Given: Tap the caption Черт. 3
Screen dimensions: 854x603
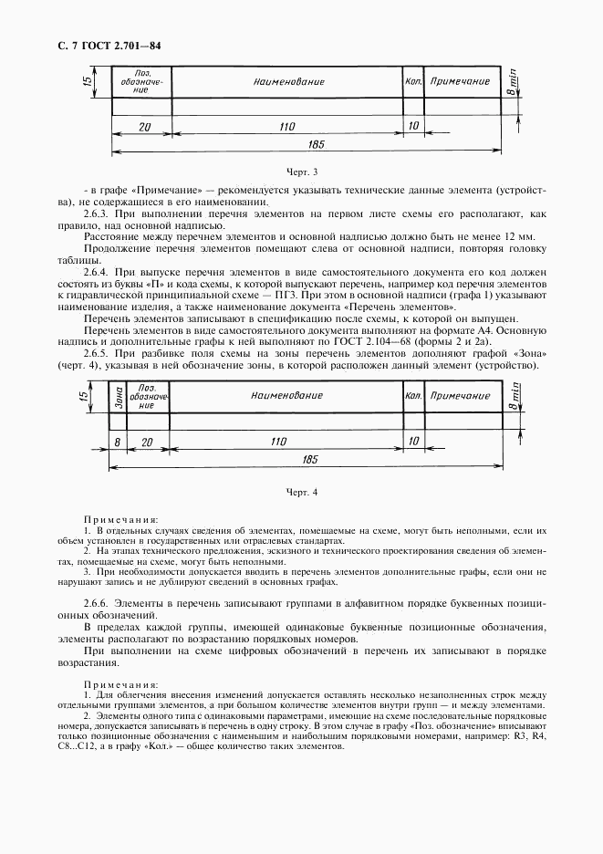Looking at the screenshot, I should (x=301, y=171).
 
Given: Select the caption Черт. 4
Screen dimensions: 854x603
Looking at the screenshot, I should (x=301, y=494).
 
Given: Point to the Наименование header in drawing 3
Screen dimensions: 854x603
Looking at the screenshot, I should (x=288, y=82).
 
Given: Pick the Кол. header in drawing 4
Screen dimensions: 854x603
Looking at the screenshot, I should (x=411, y=396).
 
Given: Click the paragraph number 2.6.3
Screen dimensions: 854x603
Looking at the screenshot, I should (x=96, y=212).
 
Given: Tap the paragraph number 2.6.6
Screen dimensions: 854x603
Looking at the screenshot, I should (x=96, y=604).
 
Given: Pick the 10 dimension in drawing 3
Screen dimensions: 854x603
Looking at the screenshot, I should (x=411, y=127).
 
